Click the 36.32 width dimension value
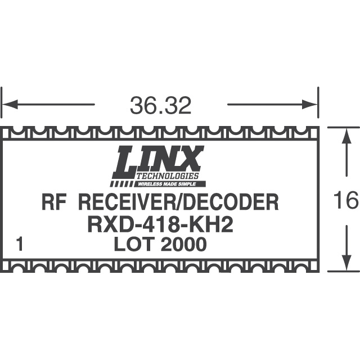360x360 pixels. [160, 105]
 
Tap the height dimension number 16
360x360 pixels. [345, 200]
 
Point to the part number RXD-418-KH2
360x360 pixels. [160, 224]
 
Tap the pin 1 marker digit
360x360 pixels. [21, 245]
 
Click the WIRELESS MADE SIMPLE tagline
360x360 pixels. [170, 183]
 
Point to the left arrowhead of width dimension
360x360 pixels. [10, 105]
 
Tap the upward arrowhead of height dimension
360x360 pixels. [344, 136]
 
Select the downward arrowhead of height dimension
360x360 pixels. [344, 263]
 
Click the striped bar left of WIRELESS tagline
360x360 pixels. [121, 183]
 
